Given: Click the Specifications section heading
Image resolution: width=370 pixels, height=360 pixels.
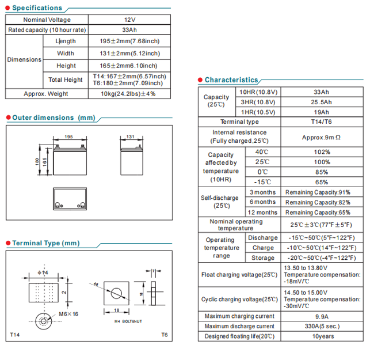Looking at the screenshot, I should (x=37, y=8).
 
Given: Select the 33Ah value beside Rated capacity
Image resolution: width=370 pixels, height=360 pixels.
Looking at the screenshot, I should (x=129, y=30).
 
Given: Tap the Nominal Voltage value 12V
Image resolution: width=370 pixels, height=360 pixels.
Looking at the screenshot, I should (x=129, y=20).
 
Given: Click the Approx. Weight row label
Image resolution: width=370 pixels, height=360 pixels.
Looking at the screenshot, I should (x=45, y=93).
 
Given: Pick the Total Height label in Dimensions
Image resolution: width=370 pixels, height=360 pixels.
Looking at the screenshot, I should (x=66, y=79).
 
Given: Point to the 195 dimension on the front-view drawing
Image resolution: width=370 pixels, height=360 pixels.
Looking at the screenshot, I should (x=68, y=137).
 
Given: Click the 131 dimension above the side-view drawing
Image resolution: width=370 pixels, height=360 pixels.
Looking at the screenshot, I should (x=130, y=137).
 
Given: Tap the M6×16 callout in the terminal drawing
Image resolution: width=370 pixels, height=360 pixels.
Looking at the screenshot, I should (x=67, y=314).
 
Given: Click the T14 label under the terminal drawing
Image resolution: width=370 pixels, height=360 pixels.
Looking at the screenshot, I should (x=16, y=335).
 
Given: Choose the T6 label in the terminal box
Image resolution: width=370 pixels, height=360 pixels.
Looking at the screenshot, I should (x=164, y=335).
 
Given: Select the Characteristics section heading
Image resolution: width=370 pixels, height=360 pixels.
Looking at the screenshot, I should (x=231, y=80).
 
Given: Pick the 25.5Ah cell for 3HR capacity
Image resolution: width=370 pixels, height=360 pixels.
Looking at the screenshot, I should (x=321, y=102).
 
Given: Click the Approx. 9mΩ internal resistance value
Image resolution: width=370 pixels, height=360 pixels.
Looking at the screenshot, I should (x=321, y=138).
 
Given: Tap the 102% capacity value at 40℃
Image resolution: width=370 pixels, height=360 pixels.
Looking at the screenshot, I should (x=321, y=152).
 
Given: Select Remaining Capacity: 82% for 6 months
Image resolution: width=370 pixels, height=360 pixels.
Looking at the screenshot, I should (x=321, y=202).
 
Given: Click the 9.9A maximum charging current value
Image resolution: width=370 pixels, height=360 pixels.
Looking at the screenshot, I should (x=321, y=316).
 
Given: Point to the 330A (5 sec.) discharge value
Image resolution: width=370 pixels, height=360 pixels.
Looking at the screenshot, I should (x=321, y=326).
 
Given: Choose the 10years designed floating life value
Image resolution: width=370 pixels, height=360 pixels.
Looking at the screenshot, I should (x=321, y=336).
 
